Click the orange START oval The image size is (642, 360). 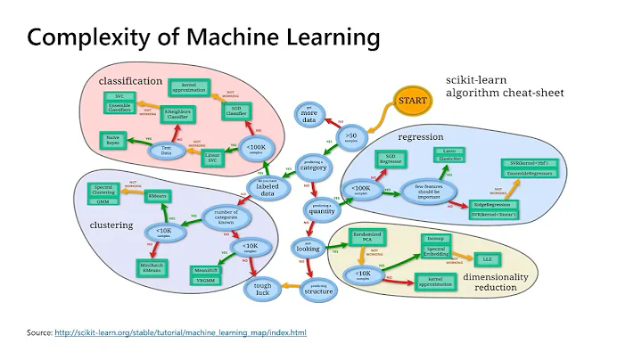click(x=413, y=101)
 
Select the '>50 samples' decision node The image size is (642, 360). click(x=350, y=139)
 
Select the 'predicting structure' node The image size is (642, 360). click(x=318, y=287)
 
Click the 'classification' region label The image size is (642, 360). click(x=130, y=81)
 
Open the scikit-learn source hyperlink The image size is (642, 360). click(x=180, y=332)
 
